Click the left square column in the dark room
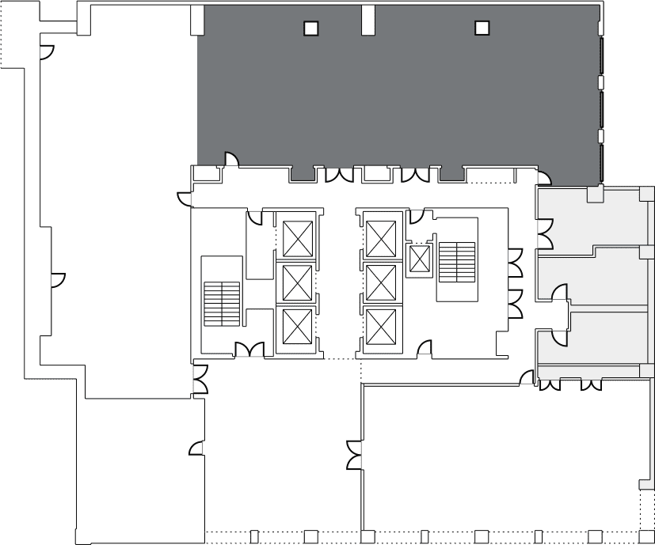(x=311, y=28)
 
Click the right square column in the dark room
(x=482, y=28)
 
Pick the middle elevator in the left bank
(x=298, y=282)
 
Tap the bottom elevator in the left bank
(x=298, y=325)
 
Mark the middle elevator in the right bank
(x=380, y=282)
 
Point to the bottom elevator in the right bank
(x=380, y=325)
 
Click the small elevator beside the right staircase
(x=417, y=259)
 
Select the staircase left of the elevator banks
(x=222, y=304)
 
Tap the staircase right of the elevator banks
(x=458, y=261)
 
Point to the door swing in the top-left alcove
(x=47, y=51)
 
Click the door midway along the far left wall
(x=57, y=279)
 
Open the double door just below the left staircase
(x=249, y=348)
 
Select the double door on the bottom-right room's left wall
(x=353, y=454)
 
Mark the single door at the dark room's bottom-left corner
(x=230, y=159)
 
